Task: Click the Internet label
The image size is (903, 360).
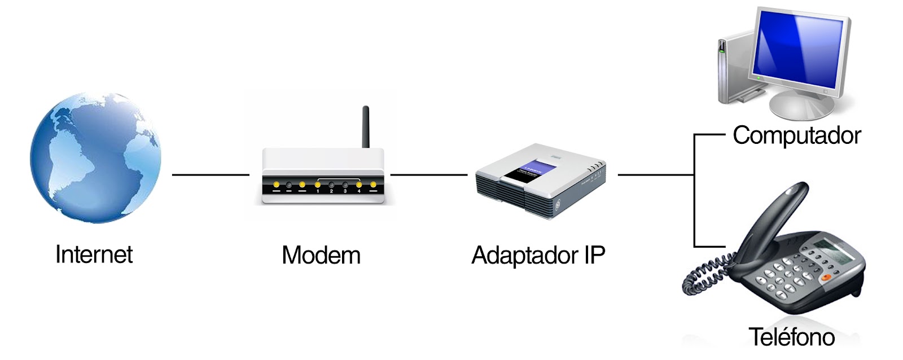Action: coord(94,254)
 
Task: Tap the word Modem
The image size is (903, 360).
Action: coord(321,255)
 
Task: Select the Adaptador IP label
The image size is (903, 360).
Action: coord(538,255)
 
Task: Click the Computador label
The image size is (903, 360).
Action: coord(796,135)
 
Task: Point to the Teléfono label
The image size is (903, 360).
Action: coord(791,337)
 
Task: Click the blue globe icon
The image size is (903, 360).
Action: coord(95,157)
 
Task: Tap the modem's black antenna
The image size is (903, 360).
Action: coord(366,126)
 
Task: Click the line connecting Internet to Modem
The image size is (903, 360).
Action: coord(211,175)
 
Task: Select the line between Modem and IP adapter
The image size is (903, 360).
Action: coord(429,175)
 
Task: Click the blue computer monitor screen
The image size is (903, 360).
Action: coord(798,50)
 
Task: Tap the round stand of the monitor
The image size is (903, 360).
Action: coord(801,106)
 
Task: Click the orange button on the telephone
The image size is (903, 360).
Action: coord(826,278)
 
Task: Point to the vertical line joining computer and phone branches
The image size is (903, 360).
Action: coord(694,190)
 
